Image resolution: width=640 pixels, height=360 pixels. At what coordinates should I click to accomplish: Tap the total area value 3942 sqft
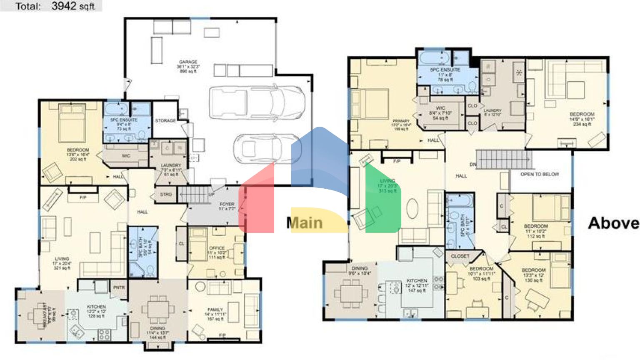[73, 6]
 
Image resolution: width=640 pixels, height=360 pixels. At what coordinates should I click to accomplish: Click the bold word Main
[305, 223]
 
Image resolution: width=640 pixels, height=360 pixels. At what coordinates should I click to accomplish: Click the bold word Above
[613, 223]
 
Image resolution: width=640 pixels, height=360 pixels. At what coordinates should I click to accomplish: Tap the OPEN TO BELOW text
[540, 174]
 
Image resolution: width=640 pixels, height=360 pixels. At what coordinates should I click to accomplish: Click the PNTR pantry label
[119, 288]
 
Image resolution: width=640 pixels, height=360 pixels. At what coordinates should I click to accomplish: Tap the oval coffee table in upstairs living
[412, 208]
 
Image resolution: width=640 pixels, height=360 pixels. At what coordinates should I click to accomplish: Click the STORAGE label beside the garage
[165, 120]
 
